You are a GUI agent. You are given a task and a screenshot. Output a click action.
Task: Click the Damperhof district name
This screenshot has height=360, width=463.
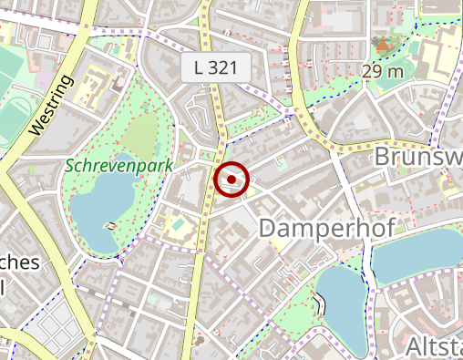326,228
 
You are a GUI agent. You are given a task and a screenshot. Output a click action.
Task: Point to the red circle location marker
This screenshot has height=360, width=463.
232,180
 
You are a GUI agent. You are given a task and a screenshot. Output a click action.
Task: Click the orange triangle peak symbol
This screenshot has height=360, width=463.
382,44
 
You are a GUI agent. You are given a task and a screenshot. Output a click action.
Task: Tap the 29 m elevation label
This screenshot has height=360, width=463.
383,71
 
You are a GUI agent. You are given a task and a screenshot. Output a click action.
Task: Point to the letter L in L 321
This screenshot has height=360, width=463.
200,67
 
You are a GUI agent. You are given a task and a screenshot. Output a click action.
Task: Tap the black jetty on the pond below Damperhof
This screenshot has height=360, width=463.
320,300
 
